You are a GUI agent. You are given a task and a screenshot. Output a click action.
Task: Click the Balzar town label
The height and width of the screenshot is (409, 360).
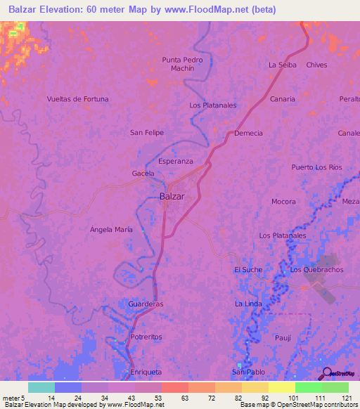tap(172, 197)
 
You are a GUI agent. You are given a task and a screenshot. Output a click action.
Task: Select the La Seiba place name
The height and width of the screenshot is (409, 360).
tap(283, 65)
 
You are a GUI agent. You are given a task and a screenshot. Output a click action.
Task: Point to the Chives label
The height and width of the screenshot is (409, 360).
tap(317, 65)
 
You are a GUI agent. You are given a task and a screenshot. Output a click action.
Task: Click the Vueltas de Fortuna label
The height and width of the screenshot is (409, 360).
tap(77, 99)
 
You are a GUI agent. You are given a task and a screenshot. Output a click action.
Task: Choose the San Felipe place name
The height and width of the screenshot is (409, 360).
tap(147, 132)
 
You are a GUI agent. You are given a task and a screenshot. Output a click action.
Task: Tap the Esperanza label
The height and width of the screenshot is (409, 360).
tap(175, 161)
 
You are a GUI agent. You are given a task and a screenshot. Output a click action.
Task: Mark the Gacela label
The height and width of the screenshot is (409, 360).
tap(143, 173)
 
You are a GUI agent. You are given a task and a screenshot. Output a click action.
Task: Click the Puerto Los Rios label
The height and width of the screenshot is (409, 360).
tap(316, 167)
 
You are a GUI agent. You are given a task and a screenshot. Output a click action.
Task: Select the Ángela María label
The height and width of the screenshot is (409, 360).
tap(111, 230)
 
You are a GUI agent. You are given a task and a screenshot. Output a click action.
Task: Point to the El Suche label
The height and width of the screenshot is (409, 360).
tap(248, 270)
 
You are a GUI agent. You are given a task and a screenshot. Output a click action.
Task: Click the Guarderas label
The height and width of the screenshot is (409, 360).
tap(146, 304)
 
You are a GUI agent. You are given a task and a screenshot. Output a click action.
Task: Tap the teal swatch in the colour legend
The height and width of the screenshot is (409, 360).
tap(41, 387)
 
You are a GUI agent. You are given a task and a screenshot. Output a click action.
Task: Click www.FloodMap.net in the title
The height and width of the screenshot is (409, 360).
tap(217, 10)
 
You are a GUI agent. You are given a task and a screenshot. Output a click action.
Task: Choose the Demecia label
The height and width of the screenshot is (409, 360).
tap(249, 133)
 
